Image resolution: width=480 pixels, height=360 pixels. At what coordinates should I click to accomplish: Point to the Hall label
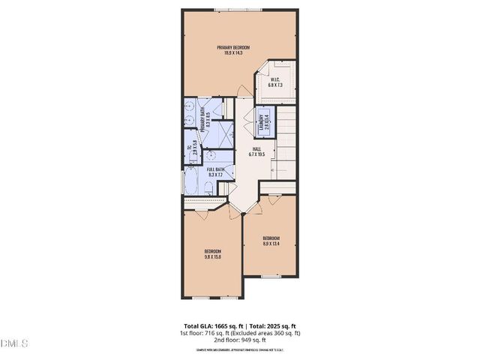(x=257, y=153)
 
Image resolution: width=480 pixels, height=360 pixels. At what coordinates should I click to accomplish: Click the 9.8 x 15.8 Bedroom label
(x=213, y=253)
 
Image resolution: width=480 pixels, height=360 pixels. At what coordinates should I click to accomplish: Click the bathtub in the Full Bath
(x=190, y=183)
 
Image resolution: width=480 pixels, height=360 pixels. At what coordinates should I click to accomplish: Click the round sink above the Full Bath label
(x=213, y=157)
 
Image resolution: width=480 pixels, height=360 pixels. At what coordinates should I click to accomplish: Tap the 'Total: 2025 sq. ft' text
(x=274, y=325)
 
